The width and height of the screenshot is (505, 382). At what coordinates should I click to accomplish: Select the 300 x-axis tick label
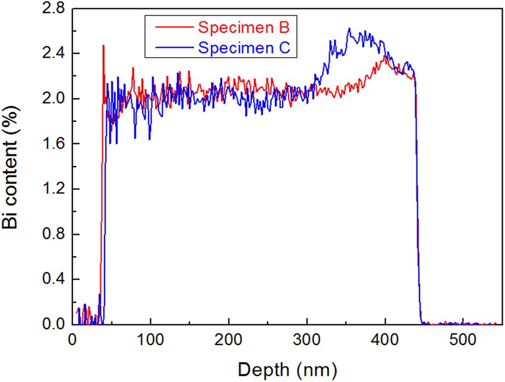click(307, 340)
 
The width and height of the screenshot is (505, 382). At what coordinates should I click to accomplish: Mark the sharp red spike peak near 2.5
click(103, 45)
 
